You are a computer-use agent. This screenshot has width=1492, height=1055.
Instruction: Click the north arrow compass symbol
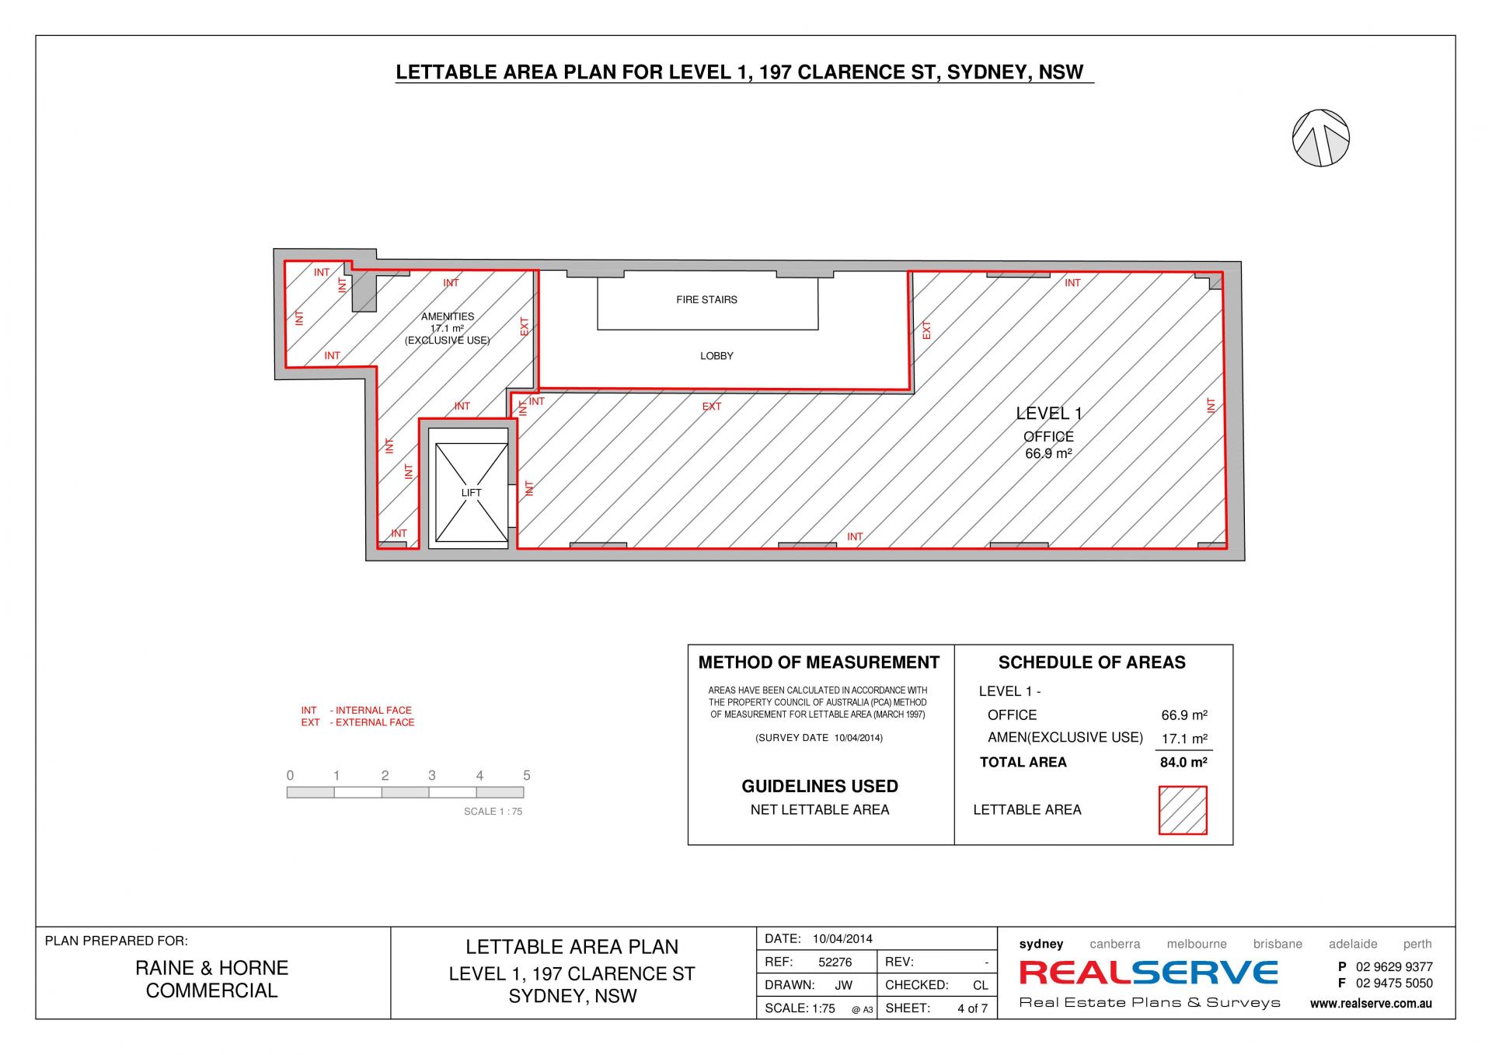click(x=1320, y=138)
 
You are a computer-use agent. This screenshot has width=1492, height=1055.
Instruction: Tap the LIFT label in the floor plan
click(x=471, y=493)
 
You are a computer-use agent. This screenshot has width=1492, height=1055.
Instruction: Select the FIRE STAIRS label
click(x=706, y=299)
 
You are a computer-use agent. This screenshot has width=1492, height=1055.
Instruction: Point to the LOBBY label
click(x=716, y=356)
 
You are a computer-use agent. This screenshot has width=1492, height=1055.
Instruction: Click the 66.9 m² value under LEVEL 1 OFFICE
click(x=1048, y=454)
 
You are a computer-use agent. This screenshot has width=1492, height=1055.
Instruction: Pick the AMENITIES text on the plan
click(x=448, y=316)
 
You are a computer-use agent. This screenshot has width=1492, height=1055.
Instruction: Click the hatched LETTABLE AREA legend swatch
click(x=1183, y=810)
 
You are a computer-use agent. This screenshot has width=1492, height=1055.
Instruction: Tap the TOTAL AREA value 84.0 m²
click(x=1183, y=763)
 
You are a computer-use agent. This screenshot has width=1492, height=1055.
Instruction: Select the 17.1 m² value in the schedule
click(x=1184, y=739)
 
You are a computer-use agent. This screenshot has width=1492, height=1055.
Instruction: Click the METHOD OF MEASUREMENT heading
click(x=819, y=662)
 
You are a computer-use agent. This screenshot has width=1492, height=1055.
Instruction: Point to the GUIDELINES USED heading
click(x=820, y=786)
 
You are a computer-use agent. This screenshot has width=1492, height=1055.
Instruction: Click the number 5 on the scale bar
click(x=527, y=775)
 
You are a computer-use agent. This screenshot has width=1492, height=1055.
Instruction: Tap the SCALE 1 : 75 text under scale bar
click(x=493, y=812)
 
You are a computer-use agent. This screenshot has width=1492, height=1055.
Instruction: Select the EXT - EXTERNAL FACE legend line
click(x=357, y=722)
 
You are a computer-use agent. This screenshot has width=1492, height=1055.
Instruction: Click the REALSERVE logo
click(x=1149, y=973)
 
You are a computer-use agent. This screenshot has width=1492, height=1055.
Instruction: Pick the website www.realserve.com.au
click(x=1371, y=1004)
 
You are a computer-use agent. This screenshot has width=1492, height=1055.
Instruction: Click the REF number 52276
click(x=835, y=962)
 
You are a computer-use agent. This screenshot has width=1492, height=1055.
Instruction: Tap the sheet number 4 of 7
click(x=972, y=1008)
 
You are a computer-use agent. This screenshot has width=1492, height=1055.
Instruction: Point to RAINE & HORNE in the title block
click(x=212, y=968)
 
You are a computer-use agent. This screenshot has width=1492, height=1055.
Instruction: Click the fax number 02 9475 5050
click(x=1394, y=983)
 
